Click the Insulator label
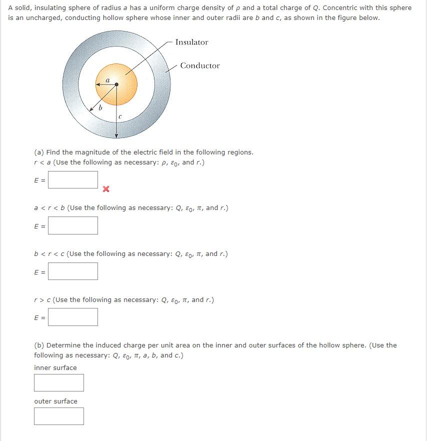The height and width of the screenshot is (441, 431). (191, 42)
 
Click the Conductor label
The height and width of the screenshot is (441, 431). (200, 66)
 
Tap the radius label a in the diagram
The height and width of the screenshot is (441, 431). (107, 79)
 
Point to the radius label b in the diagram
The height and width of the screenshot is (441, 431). (100, 107)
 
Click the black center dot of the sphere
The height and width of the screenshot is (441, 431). (116, 84)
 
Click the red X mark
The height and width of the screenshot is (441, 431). (105, 189)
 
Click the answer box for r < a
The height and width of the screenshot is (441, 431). (73, 180)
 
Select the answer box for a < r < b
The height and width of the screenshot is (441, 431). (73, 225)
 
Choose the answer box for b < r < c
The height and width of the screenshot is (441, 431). (73, 271)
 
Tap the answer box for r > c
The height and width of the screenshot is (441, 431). (73, 317)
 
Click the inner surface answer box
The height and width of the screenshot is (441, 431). (59, 383)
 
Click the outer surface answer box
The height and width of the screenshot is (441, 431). (59, 416)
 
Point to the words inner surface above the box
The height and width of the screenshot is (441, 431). (55, 368)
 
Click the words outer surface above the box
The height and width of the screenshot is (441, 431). (55, 401)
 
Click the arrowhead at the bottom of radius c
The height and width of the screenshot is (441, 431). (116, 135)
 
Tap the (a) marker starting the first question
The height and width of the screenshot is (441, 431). (38, 152)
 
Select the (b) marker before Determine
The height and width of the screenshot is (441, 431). (38, 345)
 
